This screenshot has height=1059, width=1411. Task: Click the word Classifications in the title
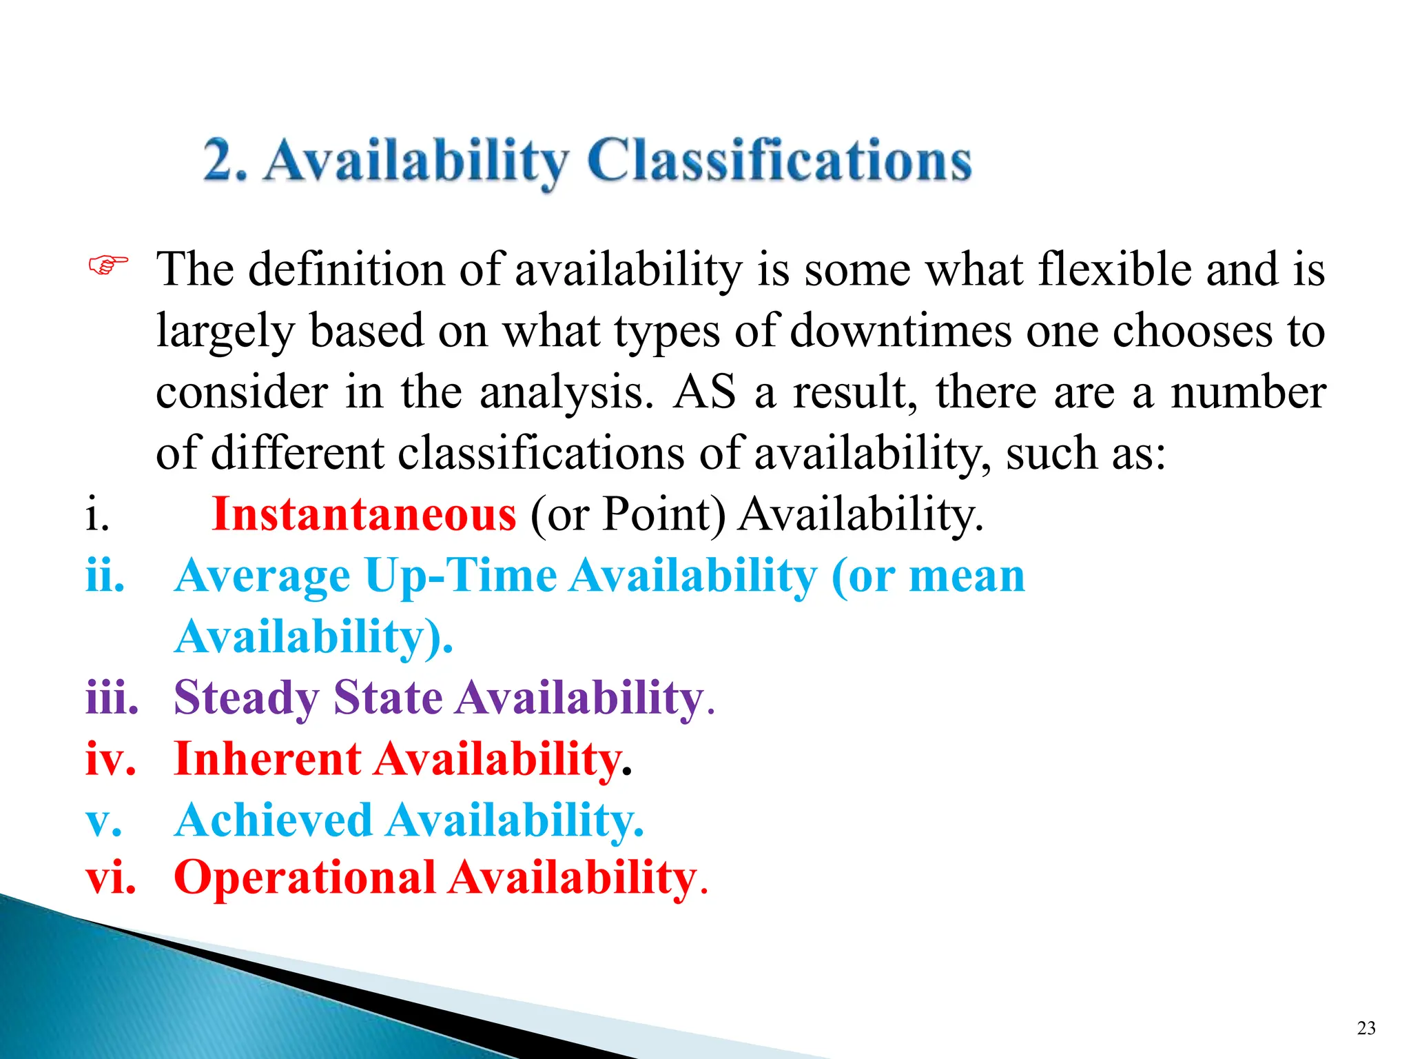click(779, 161)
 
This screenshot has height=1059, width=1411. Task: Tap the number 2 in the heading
click(222, 161)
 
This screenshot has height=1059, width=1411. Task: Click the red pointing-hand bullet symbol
click(108, 265)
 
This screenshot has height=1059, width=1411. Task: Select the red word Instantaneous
click(364, 514)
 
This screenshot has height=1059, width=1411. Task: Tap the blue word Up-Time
click(461, 576)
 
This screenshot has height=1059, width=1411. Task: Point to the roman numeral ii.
click(105, 576)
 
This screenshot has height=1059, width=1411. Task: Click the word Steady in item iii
click(246, 698)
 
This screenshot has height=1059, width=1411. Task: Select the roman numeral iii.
click(112, 698)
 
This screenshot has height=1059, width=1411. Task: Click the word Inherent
click(267, 759)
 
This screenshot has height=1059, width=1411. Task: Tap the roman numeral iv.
click(110, 759)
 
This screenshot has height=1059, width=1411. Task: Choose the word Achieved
click(273, 820)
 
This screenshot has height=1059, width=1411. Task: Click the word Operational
click(305, 878)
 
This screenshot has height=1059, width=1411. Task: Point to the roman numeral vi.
click(110, 878)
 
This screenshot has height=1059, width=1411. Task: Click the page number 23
click(1366, 1028)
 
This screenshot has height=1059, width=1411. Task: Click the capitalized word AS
click(704, 392)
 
